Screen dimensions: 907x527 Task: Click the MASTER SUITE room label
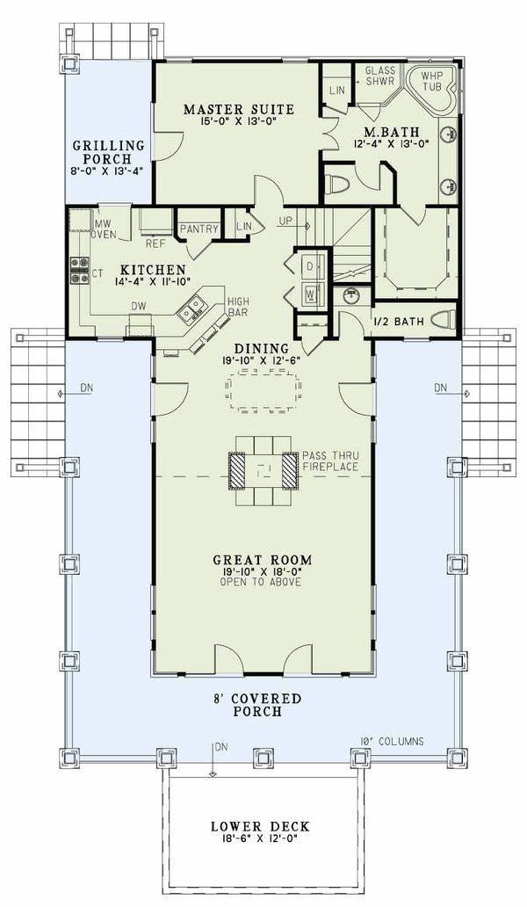pyautogui.click(x=238, y=110)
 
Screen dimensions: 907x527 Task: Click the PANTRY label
pyautogui.click(x=199, y=229)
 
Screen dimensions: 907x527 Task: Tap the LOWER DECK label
pyautogui.click(x=259, y=826)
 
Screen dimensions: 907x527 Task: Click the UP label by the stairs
pyautogui.click(x=285, y=221)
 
